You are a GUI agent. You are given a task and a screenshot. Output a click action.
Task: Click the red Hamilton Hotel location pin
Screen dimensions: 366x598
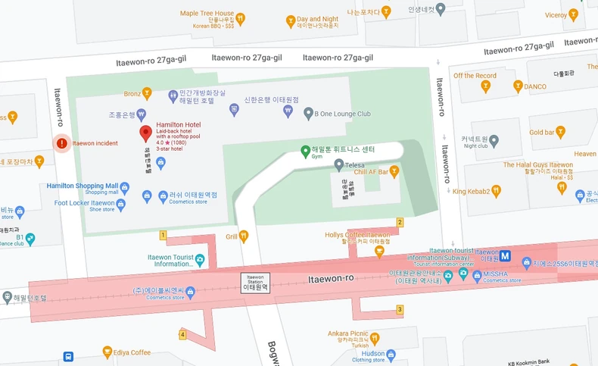[146, 134]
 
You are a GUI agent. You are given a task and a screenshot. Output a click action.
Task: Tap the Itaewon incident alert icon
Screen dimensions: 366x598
[62, 143]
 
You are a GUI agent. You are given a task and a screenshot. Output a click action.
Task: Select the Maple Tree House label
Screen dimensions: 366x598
[207, 14]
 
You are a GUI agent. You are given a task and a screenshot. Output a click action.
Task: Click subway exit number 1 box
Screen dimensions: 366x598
[163, 236]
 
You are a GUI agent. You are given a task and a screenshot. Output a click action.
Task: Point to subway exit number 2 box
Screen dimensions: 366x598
[399, 222]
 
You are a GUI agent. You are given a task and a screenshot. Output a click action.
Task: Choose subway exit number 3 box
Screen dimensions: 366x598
[399, 309]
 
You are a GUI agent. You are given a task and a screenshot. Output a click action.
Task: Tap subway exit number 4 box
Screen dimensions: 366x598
[182, 334]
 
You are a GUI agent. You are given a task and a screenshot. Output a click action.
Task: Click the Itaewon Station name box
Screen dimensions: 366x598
[255, 282]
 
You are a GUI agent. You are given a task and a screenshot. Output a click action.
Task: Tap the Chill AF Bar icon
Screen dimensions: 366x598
[394, 172]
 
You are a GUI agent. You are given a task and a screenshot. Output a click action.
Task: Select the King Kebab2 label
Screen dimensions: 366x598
[477, 190]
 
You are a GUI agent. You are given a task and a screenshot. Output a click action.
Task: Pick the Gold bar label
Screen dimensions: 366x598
[542, 133]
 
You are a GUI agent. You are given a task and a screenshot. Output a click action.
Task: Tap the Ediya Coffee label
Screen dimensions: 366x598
[130, 352]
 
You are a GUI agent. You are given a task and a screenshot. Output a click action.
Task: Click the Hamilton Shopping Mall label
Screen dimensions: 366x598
[83, 186]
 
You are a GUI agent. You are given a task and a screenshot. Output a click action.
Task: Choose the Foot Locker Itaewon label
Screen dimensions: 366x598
[84, 203]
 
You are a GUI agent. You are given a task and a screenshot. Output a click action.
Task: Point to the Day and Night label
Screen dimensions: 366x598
[317, 19]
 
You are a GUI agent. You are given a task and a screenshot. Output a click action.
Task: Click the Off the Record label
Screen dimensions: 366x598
[475, 76]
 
